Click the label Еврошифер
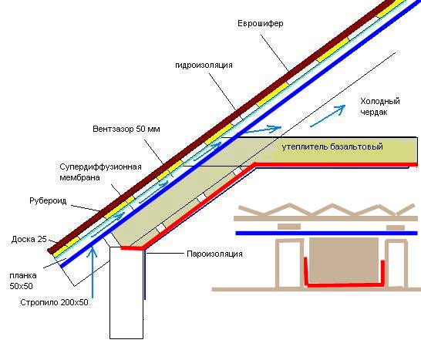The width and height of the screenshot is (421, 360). click(x=260, y=24)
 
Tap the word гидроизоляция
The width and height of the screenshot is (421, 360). click(x=204, y=66)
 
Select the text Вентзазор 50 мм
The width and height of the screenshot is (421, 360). click(x=126, y=130)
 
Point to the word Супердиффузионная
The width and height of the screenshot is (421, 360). click(x=100, y=167)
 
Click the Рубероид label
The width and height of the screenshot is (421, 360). click(x=48, y=200)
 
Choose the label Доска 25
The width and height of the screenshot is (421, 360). click(x=29, y=239)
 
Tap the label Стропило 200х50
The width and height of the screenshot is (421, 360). click(x=54, y=302)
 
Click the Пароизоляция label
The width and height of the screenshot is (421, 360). click(x=214, y=254)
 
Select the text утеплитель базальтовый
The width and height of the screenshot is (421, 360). click(x=332, y=146)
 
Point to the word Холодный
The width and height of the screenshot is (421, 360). click(x=380, y=101)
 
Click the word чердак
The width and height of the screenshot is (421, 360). click(x=373, y=113)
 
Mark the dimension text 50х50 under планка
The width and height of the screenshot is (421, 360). click(x=22, y=286)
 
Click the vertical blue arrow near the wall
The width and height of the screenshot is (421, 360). click(x=93, y=272)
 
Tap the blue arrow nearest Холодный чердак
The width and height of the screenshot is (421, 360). click(x=328, y=116)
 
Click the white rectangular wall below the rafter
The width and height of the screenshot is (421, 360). click(x=126, y=293)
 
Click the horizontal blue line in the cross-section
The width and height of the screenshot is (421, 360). click(x=326, y=234)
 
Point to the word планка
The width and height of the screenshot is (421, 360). click(x=23, y=276)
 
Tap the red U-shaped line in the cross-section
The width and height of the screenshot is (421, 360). click(x=344, y=284)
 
